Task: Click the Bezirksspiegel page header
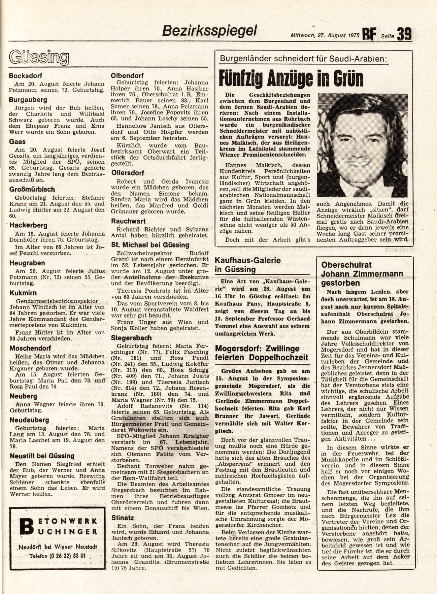[209, 32]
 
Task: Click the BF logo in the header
[369, 34]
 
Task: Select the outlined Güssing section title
[39, 58]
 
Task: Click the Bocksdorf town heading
[25, 76]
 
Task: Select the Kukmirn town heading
[23, 293]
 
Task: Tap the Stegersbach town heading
[131, 338]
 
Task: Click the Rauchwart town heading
[128, 221]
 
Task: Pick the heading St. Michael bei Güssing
[150, 245]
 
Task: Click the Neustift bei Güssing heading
[42, 456]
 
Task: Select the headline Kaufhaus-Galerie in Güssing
[248, 265]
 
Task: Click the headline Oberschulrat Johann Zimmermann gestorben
[362, 274]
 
